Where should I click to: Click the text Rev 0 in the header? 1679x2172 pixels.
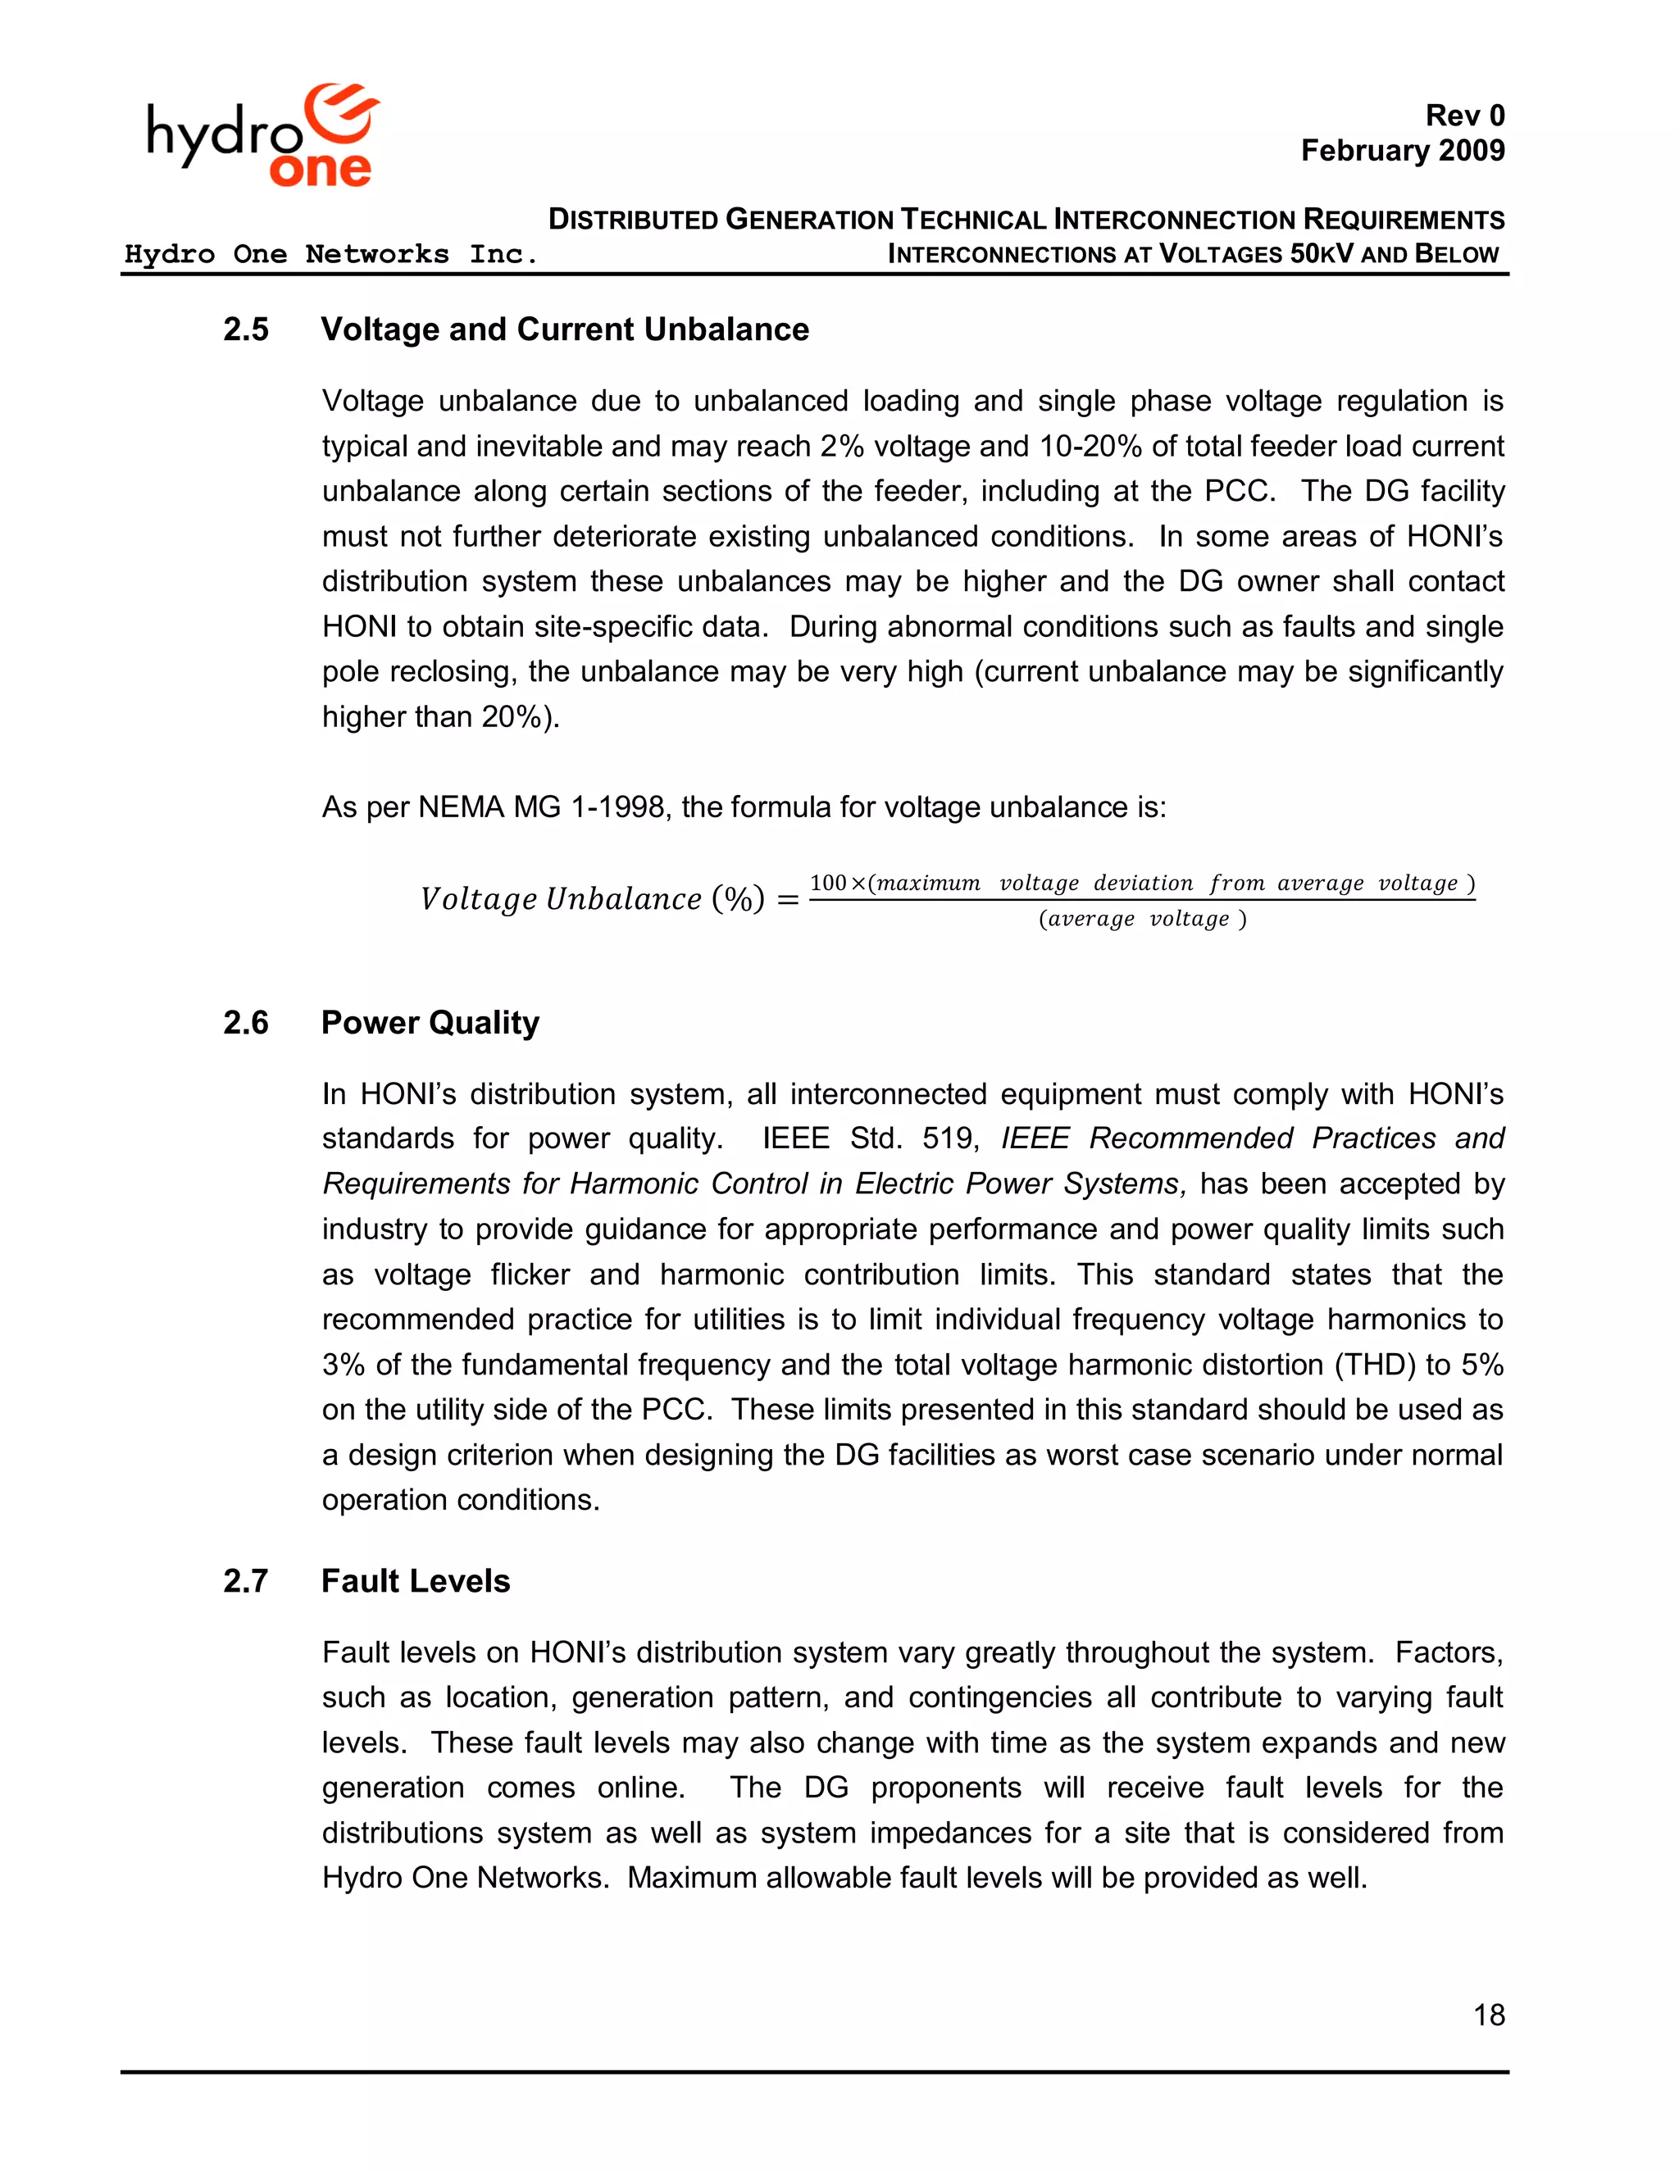pos(1464,116)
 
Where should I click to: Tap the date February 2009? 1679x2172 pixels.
pos(1403,150)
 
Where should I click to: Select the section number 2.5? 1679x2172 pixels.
pos(246,329)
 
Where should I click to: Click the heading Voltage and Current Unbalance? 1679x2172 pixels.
pos(564,329)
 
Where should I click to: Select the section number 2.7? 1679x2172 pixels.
pos(246,1581)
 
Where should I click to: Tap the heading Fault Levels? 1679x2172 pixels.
pos(415,1581)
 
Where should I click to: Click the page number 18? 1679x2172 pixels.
pos(1489,2015)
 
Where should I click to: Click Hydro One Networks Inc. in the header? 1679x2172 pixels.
pos(330,255)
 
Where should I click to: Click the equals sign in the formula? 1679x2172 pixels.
pos(788,900)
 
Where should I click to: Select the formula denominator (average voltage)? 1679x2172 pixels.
pos(1142,919)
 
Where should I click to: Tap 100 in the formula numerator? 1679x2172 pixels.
pos(827,883)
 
